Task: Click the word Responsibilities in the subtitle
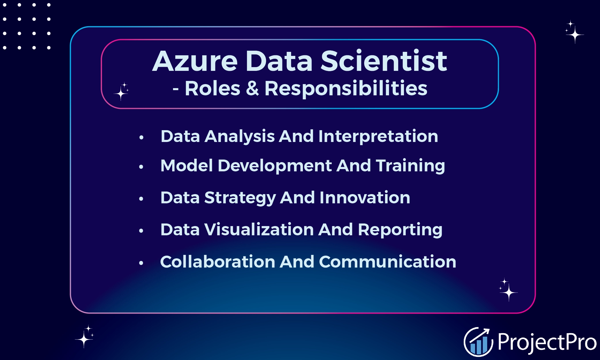(x=346, y=89)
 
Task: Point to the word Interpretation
(x=378, y=136)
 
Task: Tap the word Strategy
(x=240, y=198)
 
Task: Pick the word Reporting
(x=400, y=230)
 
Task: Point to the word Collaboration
(x=217, y=262)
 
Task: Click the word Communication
(x=387, y=262)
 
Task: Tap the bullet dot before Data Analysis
(x=141, y=137)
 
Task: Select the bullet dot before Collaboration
(x=141, y=263)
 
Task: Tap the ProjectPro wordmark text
(x=546, y=342)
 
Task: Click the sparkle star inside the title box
(x=121, y=92)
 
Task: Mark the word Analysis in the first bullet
(x=240, y=137)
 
